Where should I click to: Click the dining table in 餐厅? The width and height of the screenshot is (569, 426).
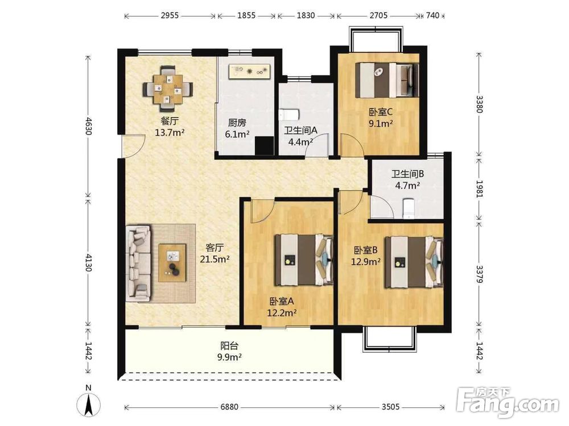[168, 89]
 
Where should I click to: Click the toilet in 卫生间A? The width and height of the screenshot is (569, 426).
[289, 115]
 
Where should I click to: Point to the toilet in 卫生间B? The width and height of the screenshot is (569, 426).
[409, 208]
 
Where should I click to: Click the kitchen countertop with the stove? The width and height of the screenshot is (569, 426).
[250, 71]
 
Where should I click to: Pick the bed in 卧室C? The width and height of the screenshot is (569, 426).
[387, 80]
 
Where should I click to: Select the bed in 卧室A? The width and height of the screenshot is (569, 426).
[304, 260]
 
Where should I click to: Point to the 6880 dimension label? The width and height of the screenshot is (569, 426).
[229, 407]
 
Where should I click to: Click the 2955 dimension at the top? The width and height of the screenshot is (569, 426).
[170, 15]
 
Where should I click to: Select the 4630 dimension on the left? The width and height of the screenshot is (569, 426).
[88, 126]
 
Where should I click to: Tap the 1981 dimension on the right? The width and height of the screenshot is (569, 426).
[479, 189]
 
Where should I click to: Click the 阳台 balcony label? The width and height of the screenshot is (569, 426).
[229, 346]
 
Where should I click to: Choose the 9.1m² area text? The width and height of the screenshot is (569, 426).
[381, 123]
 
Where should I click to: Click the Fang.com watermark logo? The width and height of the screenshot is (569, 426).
[508, 403]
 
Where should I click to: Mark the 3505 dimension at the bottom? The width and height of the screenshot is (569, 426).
[390, 407]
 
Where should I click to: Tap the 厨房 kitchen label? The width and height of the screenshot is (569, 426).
[237, 123]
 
